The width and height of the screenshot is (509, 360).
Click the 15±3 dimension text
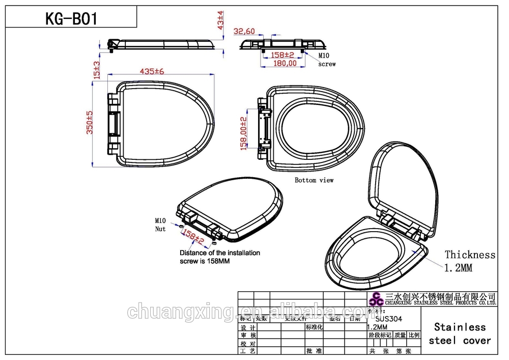(x=96, y=69)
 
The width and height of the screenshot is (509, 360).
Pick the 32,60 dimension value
(x=244, y=31)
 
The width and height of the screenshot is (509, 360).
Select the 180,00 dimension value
(x=285, y=63)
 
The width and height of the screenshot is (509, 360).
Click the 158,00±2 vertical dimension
(x=244, y=133)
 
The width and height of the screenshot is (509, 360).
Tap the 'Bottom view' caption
(x=314, y=180)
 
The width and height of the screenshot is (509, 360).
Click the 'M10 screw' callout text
(x=327, y=60)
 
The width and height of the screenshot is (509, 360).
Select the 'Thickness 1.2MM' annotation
(x=469, y=261)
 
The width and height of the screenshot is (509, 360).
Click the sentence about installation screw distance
(x=219, y=257)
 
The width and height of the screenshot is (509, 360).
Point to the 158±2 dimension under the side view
(x=282, y=54)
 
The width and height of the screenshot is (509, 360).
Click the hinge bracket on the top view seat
(x=114, y=122)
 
